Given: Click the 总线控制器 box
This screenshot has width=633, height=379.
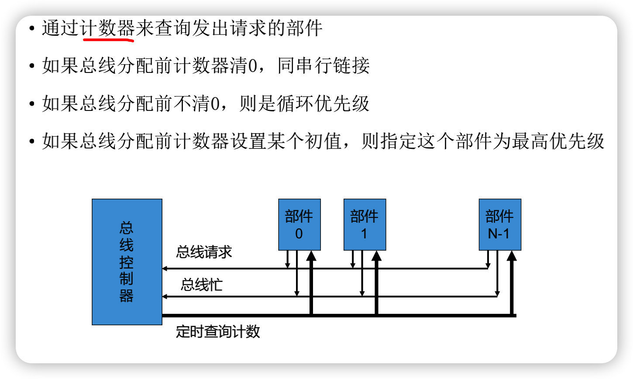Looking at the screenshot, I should tap(127, 262).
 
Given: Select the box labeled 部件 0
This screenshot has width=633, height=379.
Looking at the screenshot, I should tap(299, 224).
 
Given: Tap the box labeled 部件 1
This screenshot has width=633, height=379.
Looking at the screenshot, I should tap(365, 224).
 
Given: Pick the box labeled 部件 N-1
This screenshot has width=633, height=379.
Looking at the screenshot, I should tap(499, 224).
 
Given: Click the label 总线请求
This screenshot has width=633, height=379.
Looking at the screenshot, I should tap(204, 252).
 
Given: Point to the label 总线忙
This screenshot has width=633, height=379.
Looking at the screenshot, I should tap(202, 285).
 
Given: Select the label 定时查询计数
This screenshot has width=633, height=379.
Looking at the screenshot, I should tap(218, 331).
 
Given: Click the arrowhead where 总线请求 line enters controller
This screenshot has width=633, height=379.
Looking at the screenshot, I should tap(165, 269).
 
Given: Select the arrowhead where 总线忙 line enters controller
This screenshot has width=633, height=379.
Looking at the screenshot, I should tap(165, 296).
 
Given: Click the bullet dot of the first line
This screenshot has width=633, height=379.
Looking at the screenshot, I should tap(31, 29).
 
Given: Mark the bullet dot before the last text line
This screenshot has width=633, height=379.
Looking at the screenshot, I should tap(31, 142).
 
